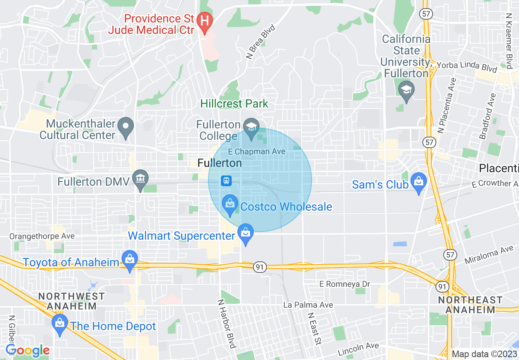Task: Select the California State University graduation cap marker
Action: point(406,90)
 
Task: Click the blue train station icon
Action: point(226,180)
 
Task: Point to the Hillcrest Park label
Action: point(234,104)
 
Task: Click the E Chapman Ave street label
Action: point(257,152)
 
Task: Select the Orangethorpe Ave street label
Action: point(42,236)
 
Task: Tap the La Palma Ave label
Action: point(308,305)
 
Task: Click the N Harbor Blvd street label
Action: point(226,324)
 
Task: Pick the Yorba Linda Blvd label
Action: point(467,67)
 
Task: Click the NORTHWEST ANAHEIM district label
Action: point(72,301)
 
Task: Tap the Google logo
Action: point(27,351)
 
